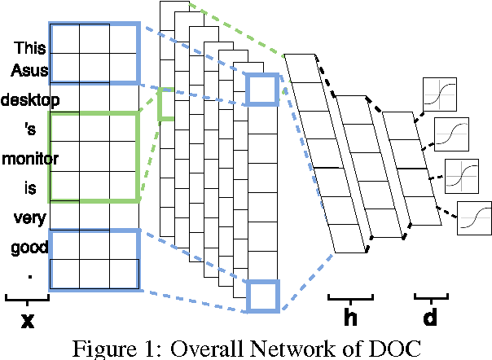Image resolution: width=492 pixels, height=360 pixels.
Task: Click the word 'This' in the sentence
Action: (x=30, y=48)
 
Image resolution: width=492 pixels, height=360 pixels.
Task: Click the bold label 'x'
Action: (x=27, y=320)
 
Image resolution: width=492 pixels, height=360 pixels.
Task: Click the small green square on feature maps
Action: (x=166, y=103)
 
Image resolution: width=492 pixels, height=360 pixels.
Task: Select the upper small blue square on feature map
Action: (x=262, y=89)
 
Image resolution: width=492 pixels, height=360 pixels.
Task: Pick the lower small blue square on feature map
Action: (x=263, y=295)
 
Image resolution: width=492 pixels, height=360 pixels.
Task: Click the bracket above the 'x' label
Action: (x=27, y=298)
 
